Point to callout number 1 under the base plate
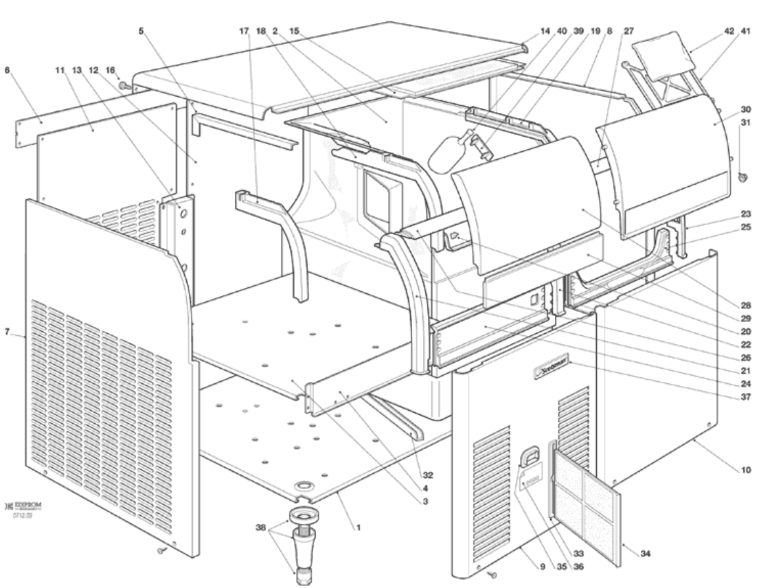(356, 528)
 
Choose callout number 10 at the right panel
(746, 471)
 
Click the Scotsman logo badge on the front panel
(554, 372)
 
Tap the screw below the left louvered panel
(161, 548)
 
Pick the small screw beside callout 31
(742, 177)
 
